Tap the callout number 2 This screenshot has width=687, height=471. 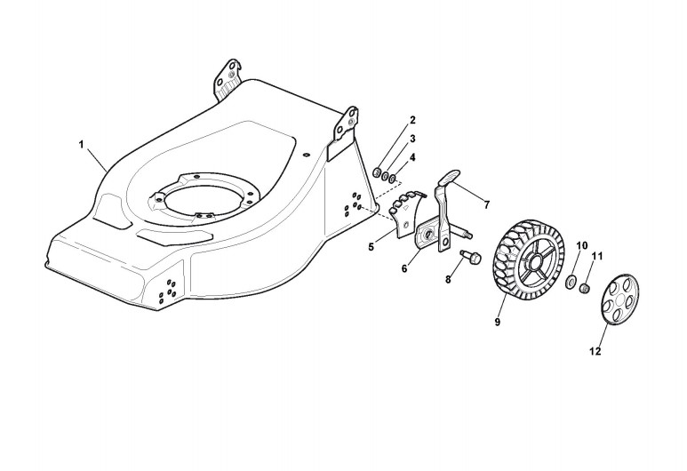[411, 119]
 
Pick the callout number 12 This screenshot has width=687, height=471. [595, 351]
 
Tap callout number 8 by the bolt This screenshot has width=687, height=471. [448, 280]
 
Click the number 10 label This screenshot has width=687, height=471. [582, 244]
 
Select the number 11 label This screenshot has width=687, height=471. [596, 256]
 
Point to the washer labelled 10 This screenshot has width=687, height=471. [571, 282]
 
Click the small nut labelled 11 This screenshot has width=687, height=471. [585, 289]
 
